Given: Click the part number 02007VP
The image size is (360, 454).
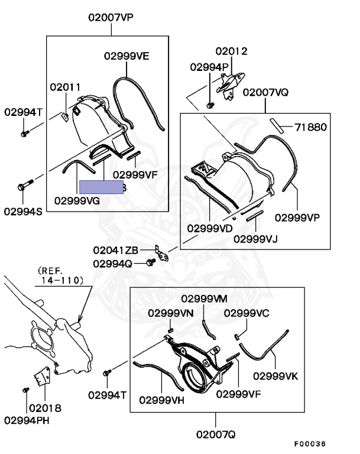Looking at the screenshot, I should tap(111, 17).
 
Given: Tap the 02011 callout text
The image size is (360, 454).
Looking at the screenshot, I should tap(65, 87).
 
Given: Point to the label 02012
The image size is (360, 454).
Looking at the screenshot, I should tap(231, 51).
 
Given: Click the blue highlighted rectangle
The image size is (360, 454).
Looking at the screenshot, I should tap(101, 187).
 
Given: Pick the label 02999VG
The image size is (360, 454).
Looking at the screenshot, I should tap(77, 200).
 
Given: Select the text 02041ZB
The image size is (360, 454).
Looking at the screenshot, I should tap(115, 251).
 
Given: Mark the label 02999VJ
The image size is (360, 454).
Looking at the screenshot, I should tap(255, 239).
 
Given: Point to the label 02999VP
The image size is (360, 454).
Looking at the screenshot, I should tap(297, 217).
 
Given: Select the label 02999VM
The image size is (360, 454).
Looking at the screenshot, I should tap(204, 299).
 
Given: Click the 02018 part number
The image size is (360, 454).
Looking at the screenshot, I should tap(46, 408).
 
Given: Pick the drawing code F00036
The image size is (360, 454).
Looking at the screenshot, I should tap(310, 443).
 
